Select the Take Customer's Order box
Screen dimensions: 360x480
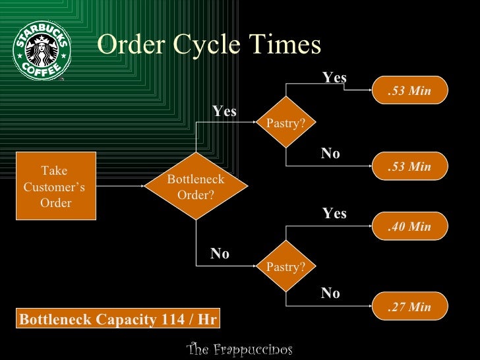click(x=56, y=186)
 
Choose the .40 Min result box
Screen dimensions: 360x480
click(x=409, y=227)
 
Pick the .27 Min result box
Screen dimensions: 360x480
click(x=409, y=307)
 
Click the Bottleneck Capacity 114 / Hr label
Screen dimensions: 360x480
click(x=118, y=320)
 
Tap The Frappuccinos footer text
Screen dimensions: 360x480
click(x=239, y=349)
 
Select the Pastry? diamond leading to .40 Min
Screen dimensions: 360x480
click(x=285, y=267)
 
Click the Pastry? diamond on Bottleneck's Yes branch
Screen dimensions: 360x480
click(x=285, y=123)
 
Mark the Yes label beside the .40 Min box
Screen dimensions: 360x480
click(x=334, y=214)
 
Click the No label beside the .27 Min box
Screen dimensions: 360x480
click(x=330, y=293)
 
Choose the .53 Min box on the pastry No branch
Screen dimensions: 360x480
click(x=409, y=167)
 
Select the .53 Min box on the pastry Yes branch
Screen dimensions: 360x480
click(x=409, y=91)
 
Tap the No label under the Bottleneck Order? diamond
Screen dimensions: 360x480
click(x=220, y=254)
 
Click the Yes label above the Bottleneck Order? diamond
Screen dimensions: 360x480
click(x=224, y=112)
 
